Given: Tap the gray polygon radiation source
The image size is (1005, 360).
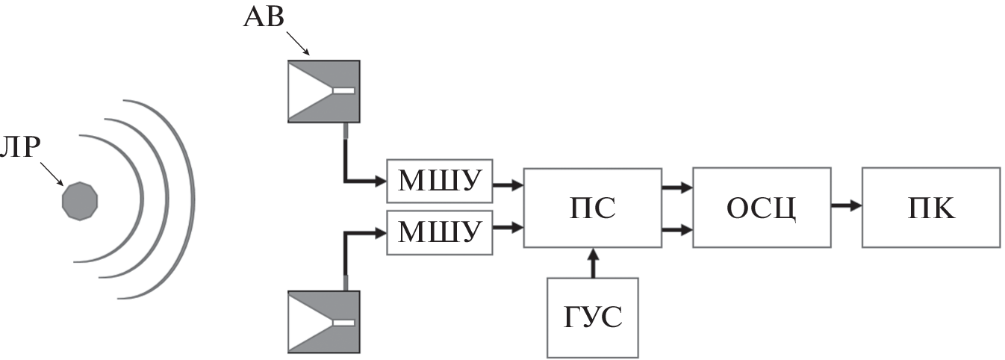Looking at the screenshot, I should coord(80,200).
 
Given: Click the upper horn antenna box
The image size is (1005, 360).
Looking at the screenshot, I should coord(324,91).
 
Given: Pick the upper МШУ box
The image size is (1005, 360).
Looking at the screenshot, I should coord(439,181).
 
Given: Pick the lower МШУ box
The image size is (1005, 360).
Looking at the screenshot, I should coord(439,232).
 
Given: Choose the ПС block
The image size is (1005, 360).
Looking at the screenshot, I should coord(592,208).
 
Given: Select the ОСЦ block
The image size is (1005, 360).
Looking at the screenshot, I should coord(762,208).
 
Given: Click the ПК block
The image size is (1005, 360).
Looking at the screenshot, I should coord(930,208).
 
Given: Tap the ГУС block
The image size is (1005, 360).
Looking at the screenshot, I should coord(594,317).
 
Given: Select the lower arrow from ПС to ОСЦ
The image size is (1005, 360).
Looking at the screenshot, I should coord(676,232).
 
